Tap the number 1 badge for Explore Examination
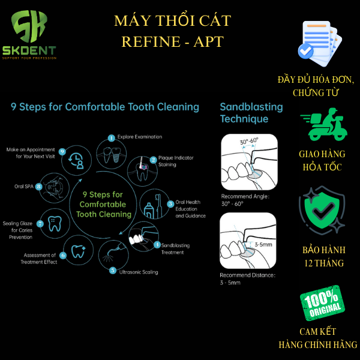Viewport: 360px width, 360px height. pos(112,138)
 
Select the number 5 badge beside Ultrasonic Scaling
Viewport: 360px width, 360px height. pos(113,271)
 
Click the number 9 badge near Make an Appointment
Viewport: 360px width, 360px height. pos(62,152)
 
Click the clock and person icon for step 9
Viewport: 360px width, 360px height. pos(76,161)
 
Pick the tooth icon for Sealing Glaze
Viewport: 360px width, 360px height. pos(55,223)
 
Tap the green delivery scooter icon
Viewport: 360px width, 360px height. pos(324,124)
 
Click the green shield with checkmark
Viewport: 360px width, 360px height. pos(322,210)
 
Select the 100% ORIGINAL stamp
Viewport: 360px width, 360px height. pos(322,303)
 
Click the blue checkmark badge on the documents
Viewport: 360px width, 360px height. pos(305,51)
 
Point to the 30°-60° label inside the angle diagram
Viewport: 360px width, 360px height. pos(249,141)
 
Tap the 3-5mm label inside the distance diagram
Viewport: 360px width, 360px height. pos(263,245)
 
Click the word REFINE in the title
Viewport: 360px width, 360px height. pos(151,41)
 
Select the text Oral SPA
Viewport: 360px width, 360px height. pos(24,187)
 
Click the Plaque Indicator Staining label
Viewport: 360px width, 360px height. pos(176,161)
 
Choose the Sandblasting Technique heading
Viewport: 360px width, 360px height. pos(251,113)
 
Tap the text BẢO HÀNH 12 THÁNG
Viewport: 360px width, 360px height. pos(324,256)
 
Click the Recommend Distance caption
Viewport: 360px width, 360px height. pos(247,279)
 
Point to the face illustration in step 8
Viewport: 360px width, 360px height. pos(54,188)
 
